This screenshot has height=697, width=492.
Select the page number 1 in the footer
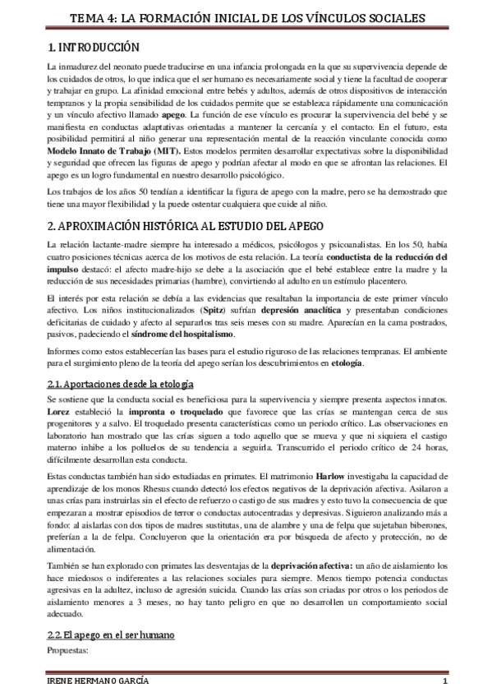pyautogui.click(x=444, y=684)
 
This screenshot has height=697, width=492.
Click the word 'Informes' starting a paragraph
pyautogui.click(x=67, y=352)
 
